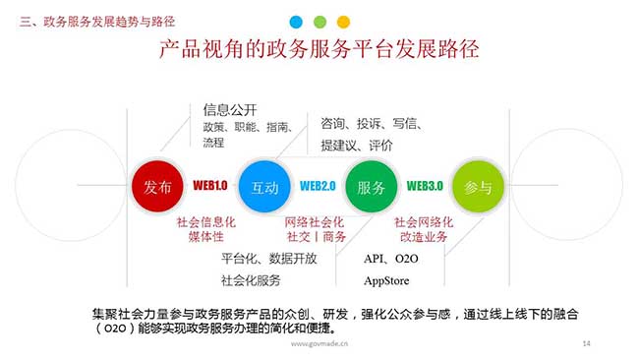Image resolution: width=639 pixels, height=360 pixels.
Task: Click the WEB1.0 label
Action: pos(210,186)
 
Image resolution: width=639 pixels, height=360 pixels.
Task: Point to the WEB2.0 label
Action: pos(318,186)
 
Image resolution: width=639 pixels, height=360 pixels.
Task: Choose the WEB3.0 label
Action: pos(425,186)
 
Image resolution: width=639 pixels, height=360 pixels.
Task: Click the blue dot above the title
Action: pos(296,21)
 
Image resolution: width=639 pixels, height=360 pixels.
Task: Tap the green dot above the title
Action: pos(319,21)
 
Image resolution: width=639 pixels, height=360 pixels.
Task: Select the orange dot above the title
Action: pos(343,21)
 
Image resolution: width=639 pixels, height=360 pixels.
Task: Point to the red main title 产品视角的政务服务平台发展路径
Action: pos(319,50)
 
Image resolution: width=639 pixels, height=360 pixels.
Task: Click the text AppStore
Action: pos(386,280)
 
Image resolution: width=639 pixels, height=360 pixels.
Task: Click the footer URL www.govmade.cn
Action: pos(319,344)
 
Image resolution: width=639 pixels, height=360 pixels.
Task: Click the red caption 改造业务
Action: pos(424,237)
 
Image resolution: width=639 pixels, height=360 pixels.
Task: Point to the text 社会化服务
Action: pos(251,280)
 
